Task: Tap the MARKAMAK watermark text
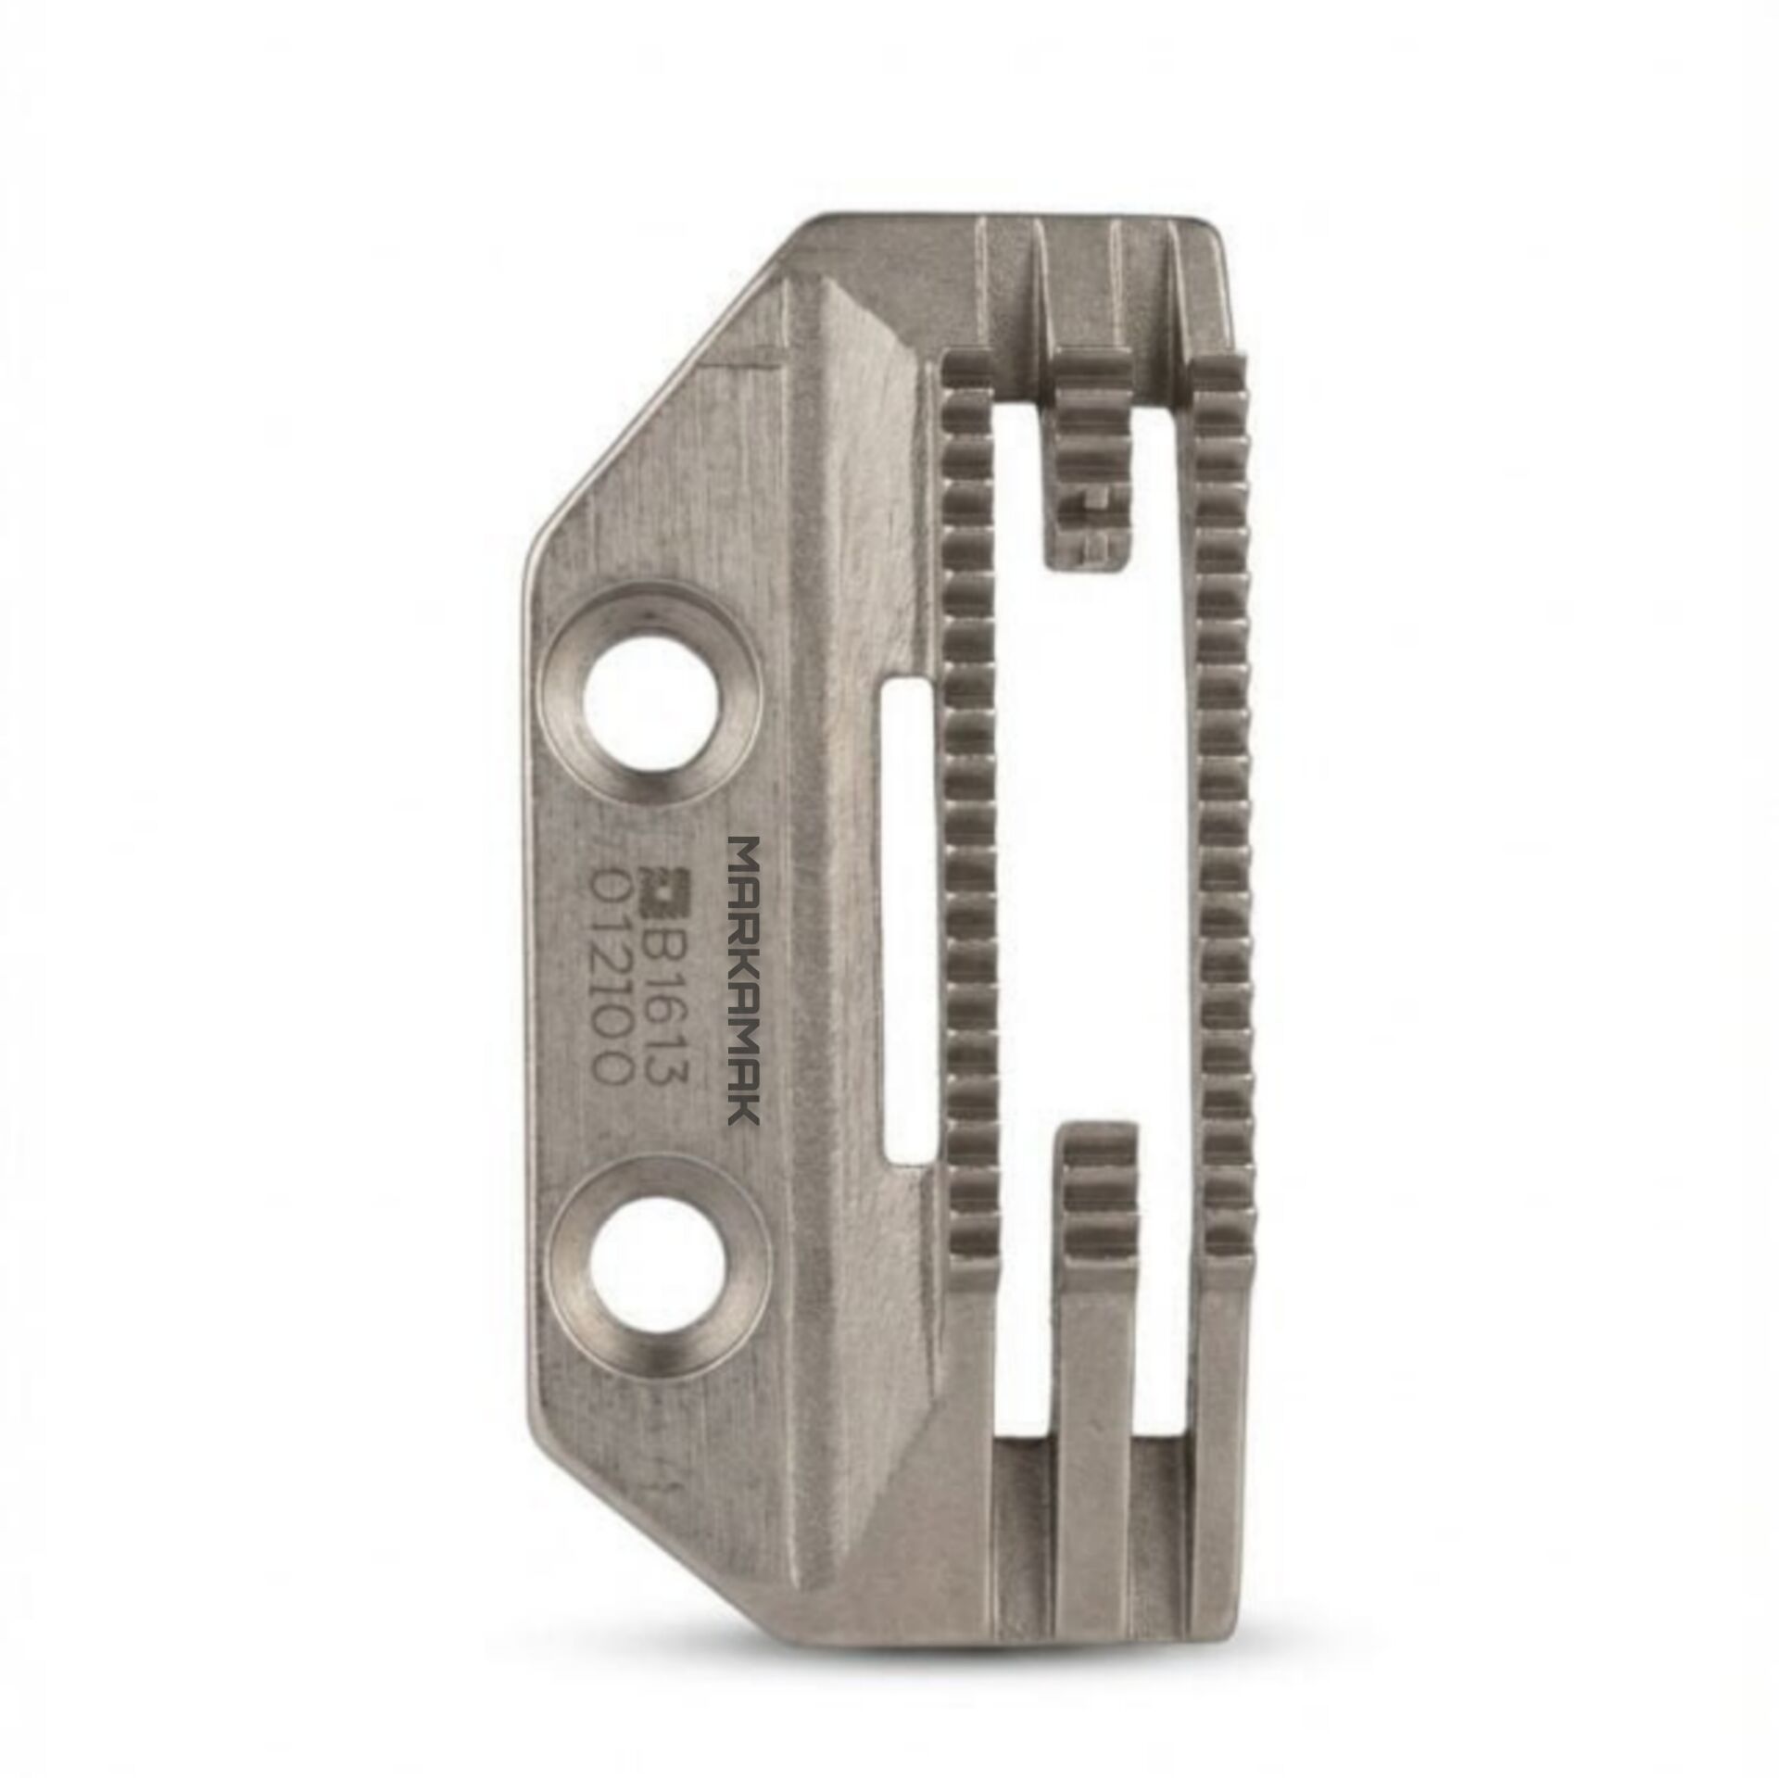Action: pyautogui.click(x=745, y=980)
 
